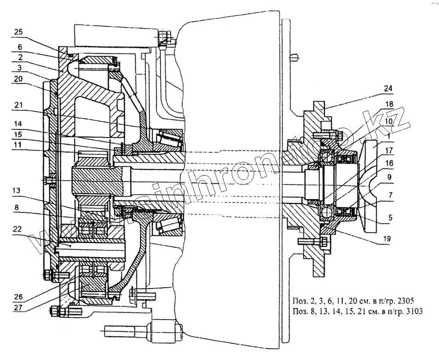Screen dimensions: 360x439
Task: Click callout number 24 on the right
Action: (x=387, y=88)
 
